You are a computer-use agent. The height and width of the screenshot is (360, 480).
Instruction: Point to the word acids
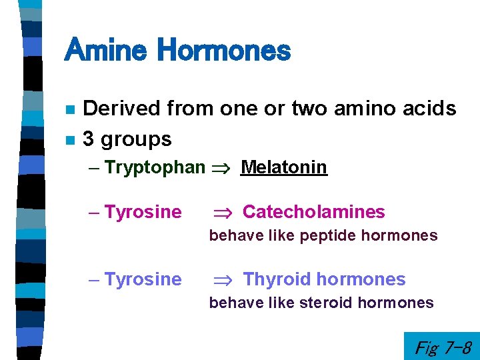point(431,108)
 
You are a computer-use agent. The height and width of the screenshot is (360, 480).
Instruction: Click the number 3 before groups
point(87,139)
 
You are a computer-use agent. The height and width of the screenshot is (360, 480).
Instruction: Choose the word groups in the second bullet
point(135,140)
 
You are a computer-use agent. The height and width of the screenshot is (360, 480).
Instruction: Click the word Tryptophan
point(155,168)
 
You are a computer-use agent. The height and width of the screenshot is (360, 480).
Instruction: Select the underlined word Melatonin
point(284,167)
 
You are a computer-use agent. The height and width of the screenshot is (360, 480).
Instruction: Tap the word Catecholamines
point(313,212)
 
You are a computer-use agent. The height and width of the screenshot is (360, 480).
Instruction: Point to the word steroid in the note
point(326,303)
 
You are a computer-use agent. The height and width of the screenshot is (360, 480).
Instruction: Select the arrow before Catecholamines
point(221,213)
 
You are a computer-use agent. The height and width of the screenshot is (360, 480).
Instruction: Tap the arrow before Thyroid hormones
point(221,280)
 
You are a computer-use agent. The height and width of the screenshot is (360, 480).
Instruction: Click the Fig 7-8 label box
point(442,347)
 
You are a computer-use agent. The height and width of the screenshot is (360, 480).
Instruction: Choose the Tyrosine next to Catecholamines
point(143,212)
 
